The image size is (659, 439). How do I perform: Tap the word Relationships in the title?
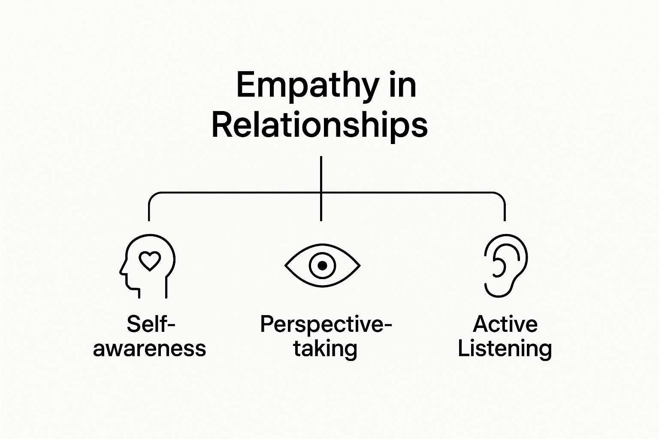(x=320, y=125)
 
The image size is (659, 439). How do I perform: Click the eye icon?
(x=322, y=266)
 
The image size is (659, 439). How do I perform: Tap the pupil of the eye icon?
(x=322, y=266)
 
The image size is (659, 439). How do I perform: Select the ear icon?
(x=505, y=266)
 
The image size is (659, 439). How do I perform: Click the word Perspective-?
(x=326, y=324)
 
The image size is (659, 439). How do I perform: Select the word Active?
(x=505, y=324)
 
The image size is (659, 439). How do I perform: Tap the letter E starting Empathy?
(x=245, y=86)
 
